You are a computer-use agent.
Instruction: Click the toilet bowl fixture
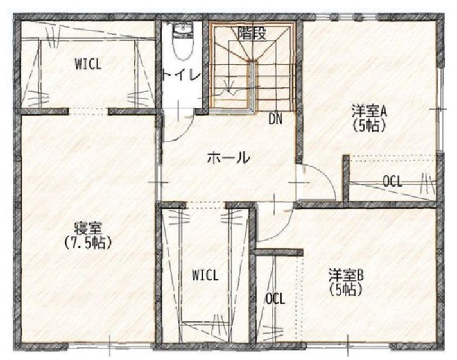click(x=183, y=42)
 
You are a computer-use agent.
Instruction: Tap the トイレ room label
click(x=181, y=76)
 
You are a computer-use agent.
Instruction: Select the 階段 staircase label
click(x=252, y=33)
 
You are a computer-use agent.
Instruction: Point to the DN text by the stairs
click(x=275, y=119)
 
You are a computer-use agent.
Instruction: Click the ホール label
click(x=229, y=158)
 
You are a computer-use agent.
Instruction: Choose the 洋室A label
click(x=368, y=112)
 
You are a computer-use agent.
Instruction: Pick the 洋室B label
click(x=346, y=275)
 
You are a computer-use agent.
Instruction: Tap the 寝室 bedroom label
click(x=87, y=228)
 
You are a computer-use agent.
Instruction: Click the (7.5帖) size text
click(x=88, y=243)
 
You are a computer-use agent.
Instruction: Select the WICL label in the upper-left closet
click(x=88, y=64)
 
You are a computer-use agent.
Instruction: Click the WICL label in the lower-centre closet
click(x=205, y=275)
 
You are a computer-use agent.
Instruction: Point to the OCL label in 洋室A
click(x=392, y=182)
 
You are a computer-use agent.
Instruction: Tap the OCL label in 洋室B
click(x=275, y=298)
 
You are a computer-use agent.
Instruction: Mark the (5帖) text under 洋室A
click(x=369, y=126)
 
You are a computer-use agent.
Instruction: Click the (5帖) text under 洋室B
click(x=346, y=290)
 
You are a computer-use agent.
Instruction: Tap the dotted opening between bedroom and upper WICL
click(x=89, y=111)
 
